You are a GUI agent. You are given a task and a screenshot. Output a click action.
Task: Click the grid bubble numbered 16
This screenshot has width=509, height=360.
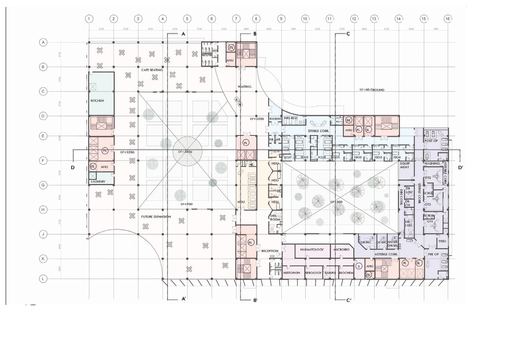pyautogui.click(x=447, y=19)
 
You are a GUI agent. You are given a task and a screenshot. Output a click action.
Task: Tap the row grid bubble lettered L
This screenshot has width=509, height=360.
pyautogui.click(x=43, y=279)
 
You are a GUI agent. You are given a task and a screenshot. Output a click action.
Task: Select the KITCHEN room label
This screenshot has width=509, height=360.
pyautogui.click(x=97, y=101)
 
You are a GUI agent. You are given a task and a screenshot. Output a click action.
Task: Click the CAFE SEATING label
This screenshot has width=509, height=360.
pyautogui.click(x=152, y=70)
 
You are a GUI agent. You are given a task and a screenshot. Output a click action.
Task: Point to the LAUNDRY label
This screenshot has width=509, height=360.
pyautogui.click(x=98, y=182)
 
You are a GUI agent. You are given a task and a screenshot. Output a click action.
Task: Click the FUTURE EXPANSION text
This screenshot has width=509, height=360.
pyautogui.click(x=156, y=217)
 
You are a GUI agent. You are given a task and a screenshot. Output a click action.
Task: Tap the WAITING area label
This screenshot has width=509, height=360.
pyautogui.click(x=244, y=87)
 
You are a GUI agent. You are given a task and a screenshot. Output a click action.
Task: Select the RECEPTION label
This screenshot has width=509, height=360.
pyautogui.click(x=270, y=251)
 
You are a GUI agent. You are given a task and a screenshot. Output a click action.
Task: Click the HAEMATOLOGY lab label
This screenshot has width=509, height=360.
pyautogui.click(x=312, y=249)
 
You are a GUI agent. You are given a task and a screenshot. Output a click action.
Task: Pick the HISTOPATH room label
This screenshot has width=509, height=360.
pyautogui.click(x=291, y=273)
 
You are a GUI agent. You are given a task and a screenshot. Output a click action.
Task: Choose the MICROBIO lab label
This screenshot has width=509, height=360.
pyautogui.click(x=341, y=249)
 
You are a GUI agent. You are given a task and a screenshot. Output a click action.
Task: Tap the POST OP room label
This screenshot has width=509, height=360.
pyautogui.click(x=431, y=141)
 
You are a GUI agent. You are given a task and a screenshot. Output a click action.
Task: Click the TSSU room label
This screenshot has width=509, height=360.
pyautogui.click(x=442, y=241)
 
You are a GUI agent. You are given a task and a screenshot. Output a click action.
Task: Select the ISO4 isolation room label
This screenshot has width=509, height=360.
pyautogui.click(x=397, y=157)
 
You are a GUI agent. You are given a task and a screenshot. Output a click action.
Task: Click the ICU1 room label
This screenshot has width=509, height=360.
pyautogui.click(x=288, y=157)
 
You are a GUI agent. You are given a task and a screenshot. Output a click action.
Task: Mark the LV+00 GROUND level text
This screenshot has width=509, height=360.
pyautogui.click(x=372, y=90)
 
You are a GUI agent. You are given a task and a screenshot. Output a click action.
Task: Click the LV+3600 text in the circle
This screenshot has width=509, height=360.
pyautogui.click(x=185, y=152)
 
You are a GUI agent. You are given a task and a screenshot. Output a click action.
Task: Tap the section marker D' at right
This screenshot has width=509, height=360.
pyautogui.click(x=461, y=168)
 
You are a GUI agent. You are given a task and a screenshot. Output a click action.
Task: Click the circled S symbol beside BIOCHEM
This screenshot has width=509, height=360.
pyautogui.click(x=359, y=266)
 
